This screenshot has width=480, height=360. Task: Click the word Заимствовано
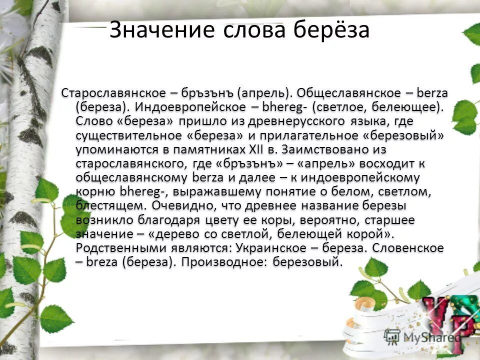pyautogui.click(x=334, y=149)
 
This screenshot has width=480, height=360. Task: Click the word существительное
pyautogui.click(x=128, y=135)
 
